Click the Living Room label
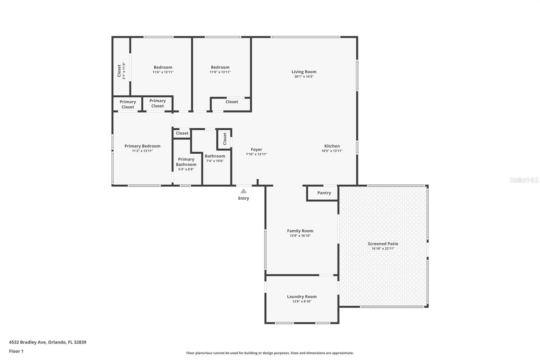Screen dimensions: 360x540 click(304, 72)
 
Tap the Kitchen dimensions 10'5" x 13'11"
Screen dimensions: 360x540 click(332, 151)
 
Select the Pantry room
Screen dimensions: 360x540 click(324, 193)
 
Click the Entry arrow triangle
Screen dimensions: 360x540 click(243, 191)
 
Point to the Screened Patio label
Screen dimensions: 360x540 click(383, 243)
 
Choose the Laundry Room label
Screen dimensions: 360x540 click(302, 297)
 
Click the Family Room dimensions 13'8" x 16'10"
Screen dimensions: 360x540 click(300, 236)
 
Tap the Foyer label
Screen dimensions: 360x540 click(256, 149)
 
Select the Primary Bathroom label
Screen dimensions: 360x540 click(186, 162)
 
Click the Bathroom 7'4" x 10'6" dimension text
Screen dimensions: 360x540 click(215, 161)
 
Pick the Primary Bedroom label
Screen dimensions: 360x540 click(142, 146)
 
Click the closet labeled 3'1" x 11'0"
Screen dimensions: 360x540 click(121, 71)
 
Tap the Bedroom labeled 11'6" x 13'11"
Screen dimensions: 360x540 click(163, 69)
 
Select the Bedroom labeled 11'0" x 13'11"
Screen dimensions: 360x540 click(220, 69)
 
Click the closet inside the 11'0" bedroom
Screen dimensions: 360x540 click(232, 102)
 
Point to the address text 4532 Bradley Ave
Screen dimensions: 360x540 click(48, 342)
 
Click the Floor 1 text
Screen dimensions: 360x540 click(16, 351)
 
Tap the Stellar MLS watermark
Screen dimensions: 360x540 click(524, 180)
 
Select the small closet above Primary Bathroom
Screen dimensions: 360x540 click(182, 133)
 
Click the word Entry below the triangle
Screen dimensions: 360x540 click(243, 198)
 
